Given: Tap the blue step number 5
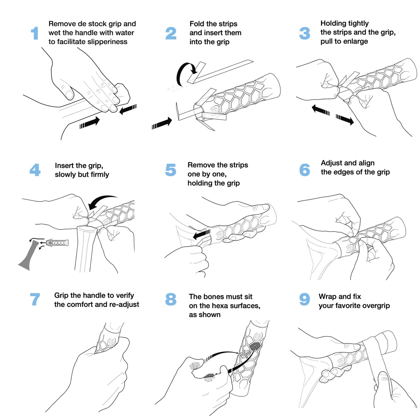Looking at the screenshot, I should pos(171,170).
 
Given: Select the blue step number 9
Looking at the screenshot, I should pos(304,299).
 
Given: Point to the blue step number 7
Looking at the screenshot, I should pos(35,299).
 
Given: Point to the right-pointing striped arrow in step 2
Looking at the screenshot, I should pos(162,123).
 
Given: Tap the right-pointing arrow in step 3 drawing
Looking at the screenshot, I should pos(345,119).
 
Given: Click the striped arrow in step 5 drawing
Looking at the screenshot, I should pos(201,234).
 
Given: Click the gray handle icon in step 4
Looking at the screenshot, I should pos(28,256).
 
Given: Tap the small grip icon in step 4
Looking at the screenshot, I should pos(57,242).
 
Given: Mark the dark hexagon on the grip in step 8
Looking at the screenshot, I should pos(255,346).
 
